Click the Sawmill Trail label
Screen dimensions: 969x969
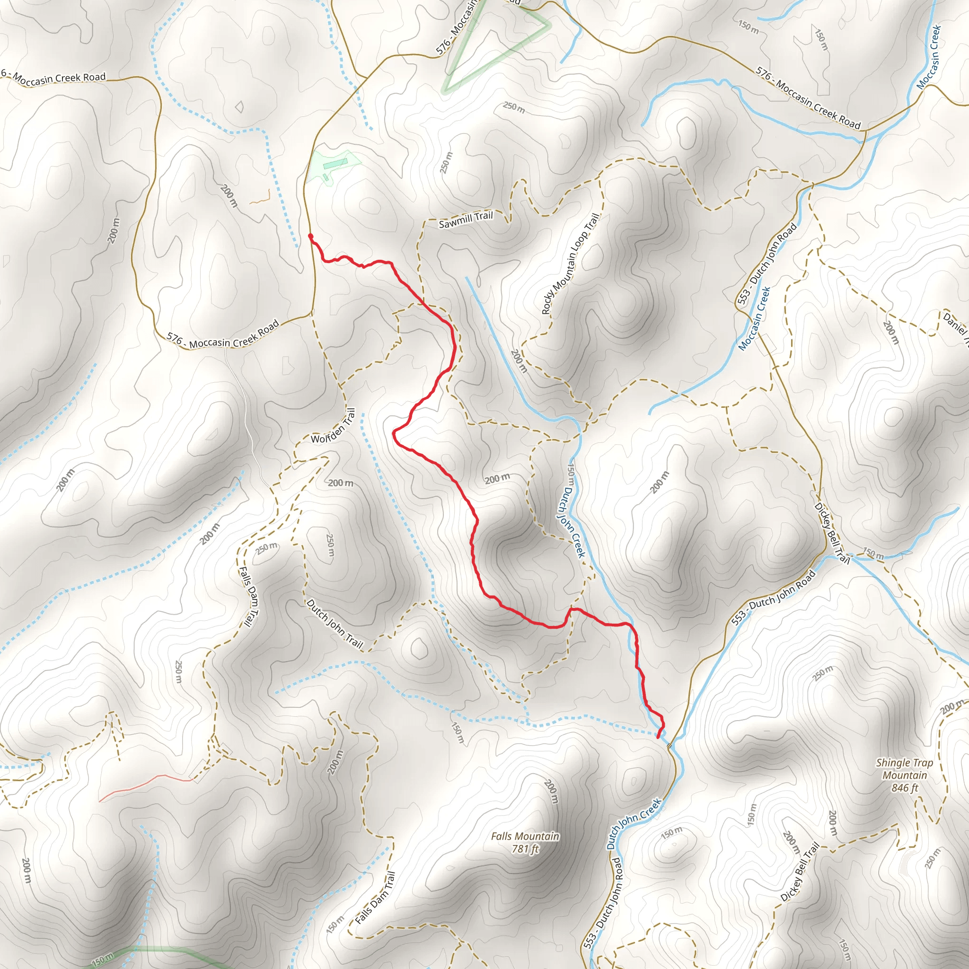466,220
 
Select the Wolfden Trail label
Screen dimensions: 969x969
334,426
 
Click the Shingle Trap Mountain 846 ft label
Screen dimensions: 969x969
904,775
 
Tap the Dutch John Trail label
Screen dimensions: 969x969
334,624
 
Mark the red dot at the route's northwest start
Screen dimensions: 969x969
310,236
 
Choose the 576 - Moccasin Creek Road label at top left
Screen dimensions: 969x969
55,77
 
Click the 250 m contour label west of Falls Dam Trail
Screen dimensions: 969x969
178,671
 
